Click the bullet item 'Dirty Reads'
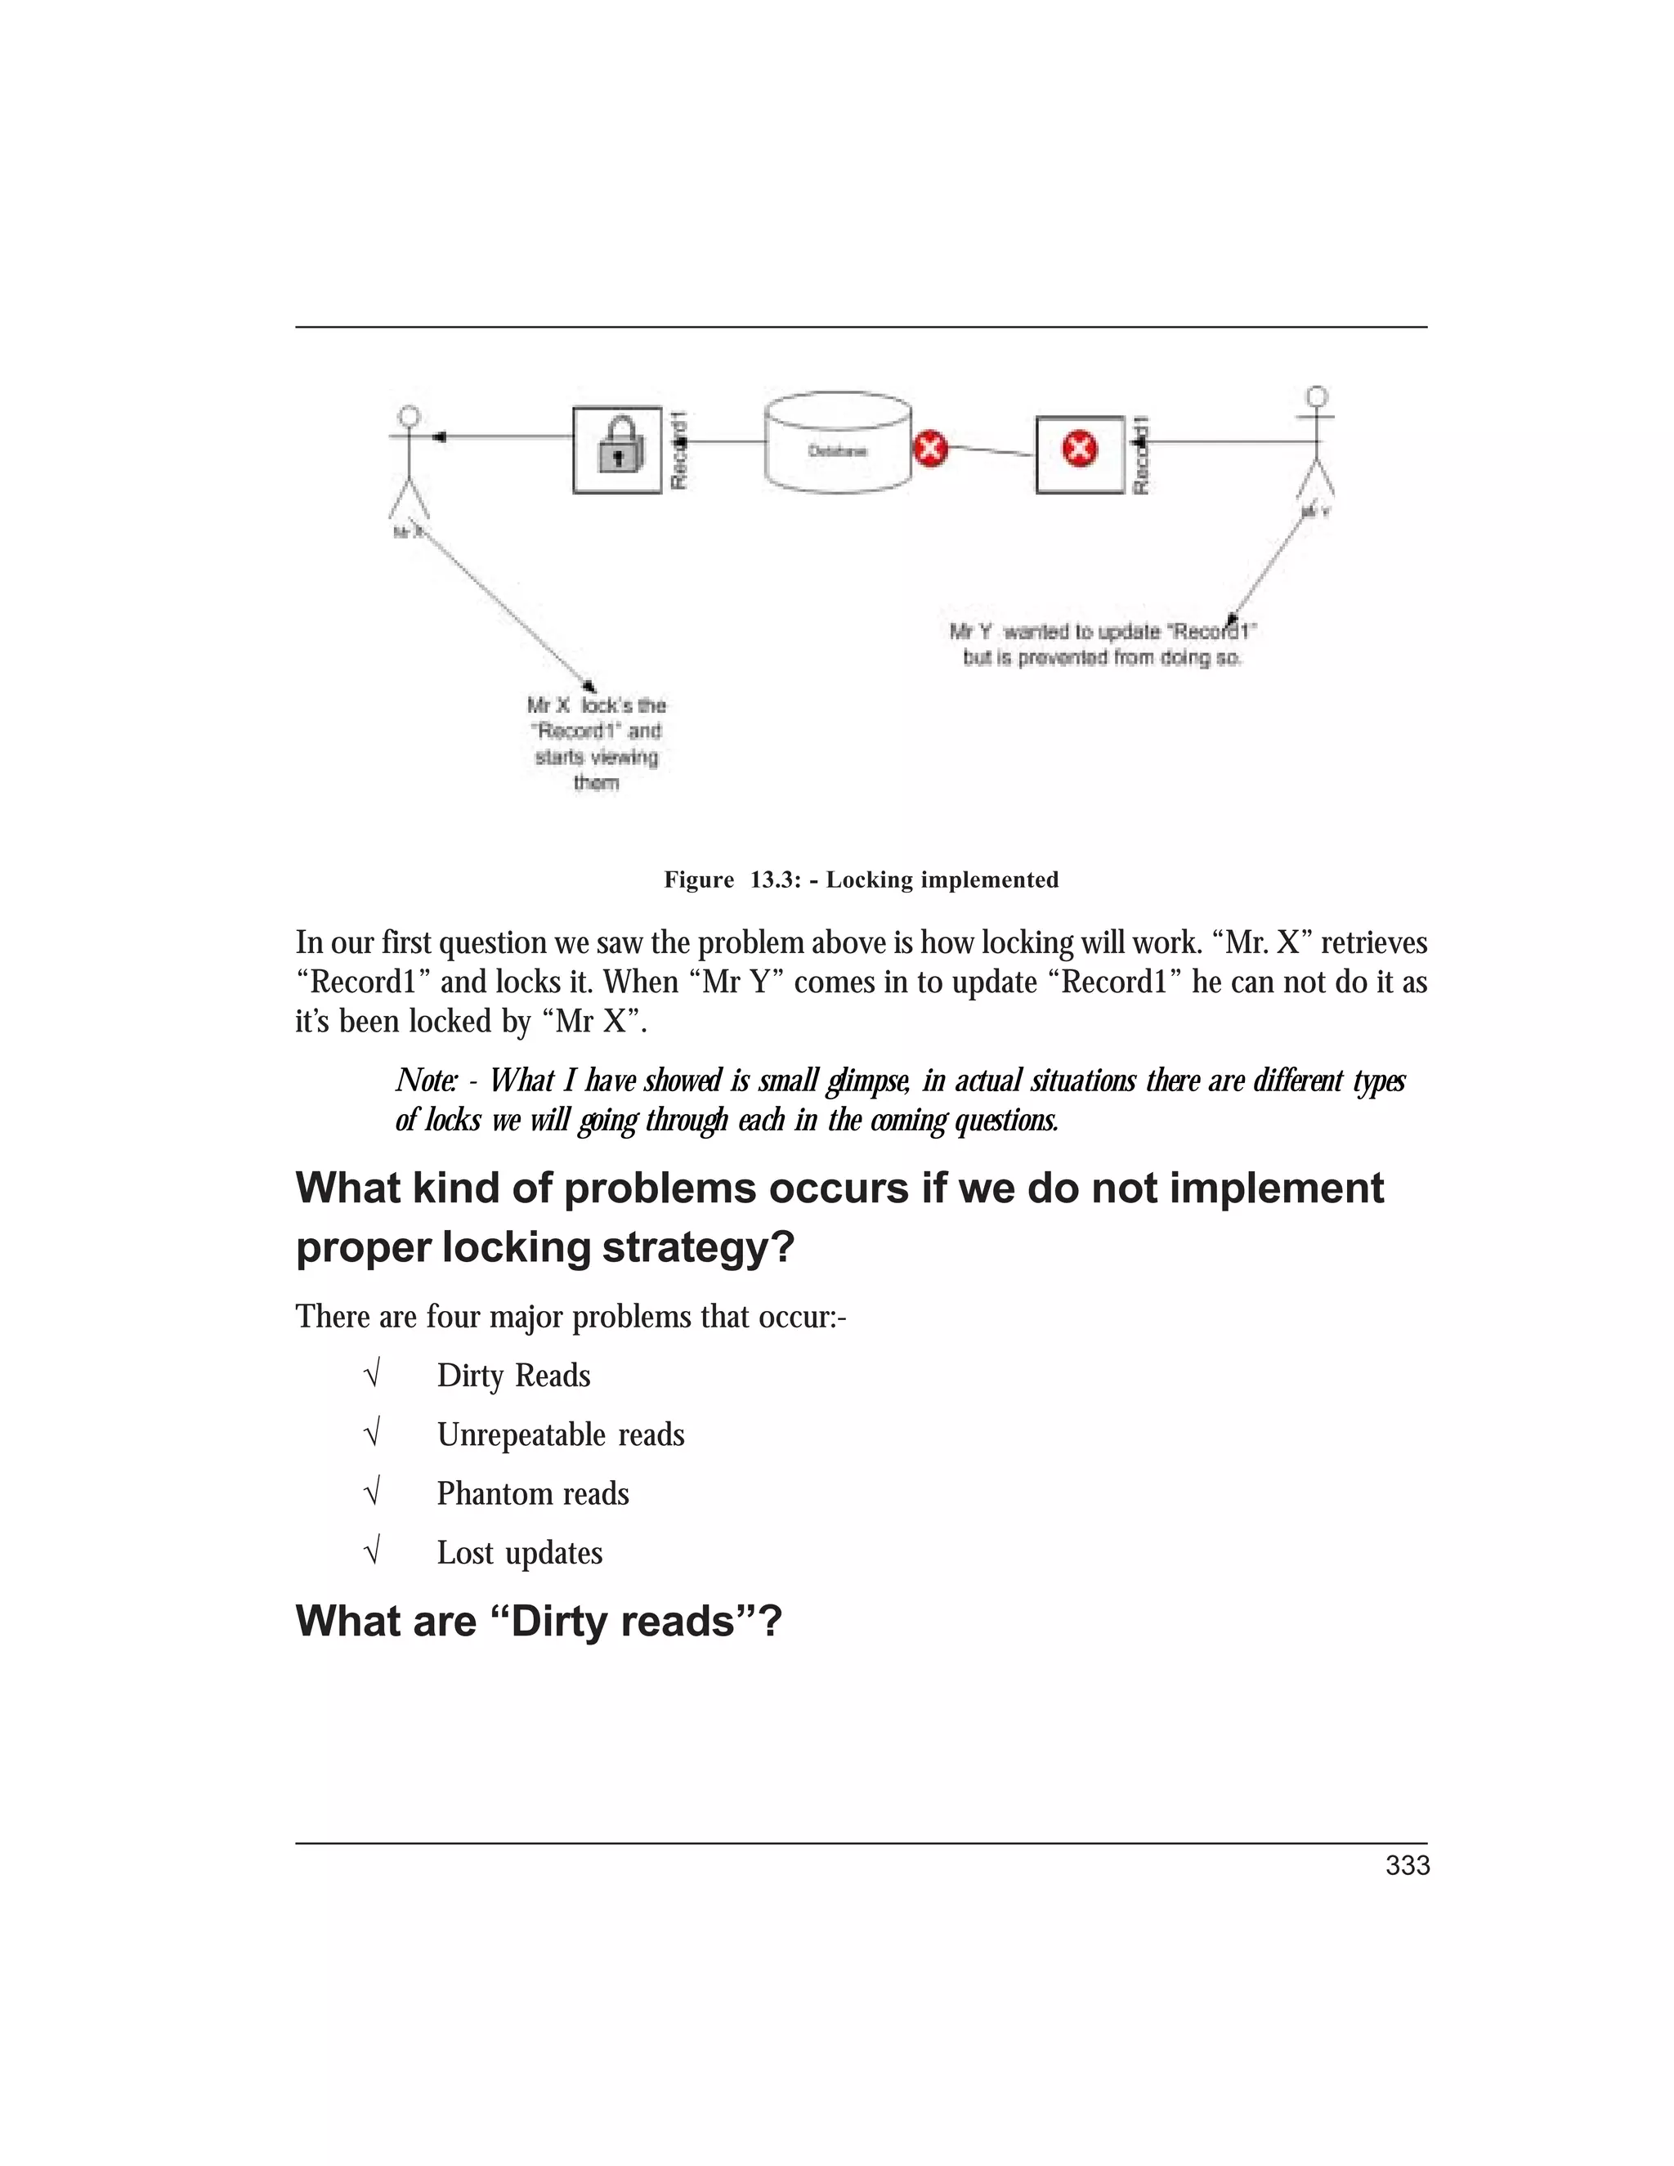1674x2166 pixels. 512,1376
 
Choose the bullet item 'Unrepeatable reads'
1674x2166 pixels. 560,1435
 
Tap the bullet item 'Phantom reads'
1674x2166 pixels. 533,1493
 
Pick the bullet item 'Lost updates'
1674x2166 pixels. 520,1553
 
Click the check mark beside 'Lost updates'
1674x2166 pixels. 373,1551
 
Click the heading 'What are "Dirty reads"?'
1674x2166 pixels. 539,1622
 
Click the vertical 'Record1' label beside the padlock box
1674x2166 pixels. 679,451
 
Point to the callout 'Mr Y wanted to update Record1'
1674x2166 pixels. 1103,643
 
